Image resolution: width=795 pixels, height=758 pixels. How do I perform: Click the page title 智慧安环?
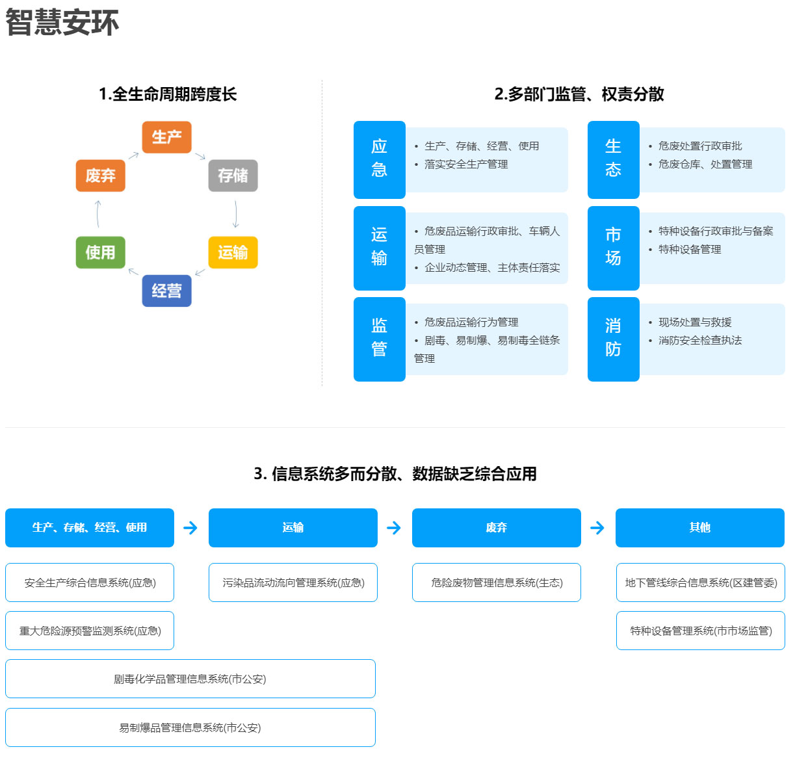[x=62, y=23]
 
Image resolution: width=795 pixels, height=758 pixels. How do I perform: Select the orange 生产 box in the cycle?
[x=166, y=137]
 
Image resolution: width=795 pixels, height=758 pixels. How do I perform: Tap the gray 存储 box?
[x=233, y=176]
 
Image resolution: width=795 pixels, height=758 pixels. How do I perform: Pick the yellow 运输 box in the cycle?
[x=233, y=252]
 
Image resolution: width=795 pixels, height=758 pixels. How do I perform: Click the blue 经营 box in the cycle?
[x=166, y=291]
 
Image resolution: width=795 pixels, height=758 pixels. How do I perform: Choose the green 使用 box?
[x=100, y=252]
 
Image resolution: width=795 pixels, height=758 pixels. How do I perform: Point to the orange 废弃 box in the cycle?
[x=100, y=176]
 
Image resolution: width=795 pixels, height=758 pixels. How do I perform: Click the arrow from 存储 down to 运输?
[x=236, y=214]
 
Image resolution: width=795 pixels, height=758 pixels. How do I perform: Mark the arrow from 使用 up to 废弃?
[x=98, y=214]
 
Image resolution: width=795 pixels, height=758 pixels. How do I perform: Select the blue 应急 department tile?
[x=380, y=160]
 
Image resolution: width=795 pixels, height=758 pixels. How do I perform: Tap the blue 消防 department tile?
[x=614, y=339]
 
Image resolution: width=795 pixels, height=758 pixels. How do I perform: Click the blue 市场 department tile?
[x=614, y=248]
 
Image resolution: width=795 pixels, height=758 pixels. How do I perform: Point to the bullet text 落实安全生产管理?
[x=466, y=164]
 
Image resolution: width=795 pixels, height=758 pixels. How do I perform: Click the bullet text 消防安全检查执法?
[x=700, y=340]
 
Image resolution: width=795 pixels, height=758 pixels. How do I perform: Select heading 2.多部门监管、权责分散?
[x=579, y=94]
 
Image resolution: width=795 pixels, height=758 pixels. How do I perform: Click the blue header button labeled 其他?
[x=700, y=528]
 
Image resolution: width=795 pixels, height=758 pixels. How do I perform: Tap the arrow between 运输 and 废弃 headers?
[x=394, y=528]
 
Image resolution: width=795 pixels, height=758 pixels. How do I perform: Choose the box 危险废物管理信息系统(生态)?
[x=497, y=582]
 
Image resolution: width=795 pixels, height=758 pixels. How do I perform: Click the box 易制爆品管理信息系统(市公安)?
[x=190, y=727]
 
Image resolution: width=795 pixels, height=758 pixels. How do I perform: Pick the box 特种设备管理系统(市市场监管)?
[x=701, y=631]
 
